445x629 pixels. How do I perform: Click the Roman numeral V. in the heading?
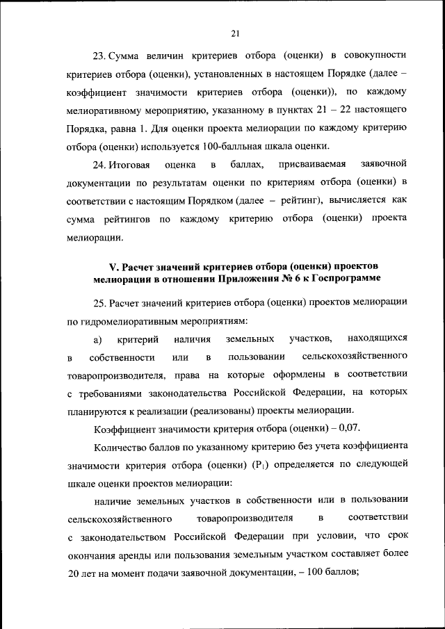(115, 268)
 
